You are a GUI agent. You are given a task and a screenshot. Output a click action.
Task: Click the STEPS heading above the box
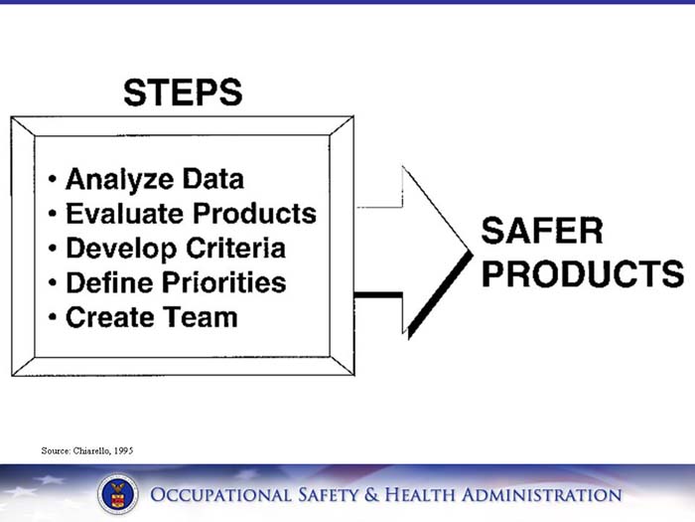[183, 92]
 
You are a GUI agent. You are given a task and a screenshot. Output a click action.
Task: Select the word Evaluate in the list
[124, 213]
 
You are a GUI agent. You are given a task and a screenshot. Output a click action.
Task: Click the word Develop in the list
[119, 248]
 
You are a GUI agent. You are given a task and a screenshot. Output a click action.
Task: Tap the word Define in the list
[107, 282]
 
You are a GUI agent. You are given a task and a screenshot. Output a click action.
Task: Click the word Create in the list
[109, 317]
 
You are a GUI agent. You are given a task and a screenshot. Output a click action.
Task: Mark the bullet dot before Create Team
[52, 318]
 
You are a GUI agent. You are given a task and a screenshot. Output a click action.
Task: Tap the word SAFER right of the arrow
[542, 231]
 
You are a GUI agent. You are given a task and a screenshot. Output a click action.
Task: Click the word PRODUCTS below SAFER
[582, 273]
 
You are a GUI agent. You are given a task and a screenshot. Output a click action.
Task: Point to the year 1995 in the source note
[121, 450]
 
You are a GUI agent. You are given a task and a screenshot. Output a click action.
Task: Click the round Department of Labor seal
[117, 494]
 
